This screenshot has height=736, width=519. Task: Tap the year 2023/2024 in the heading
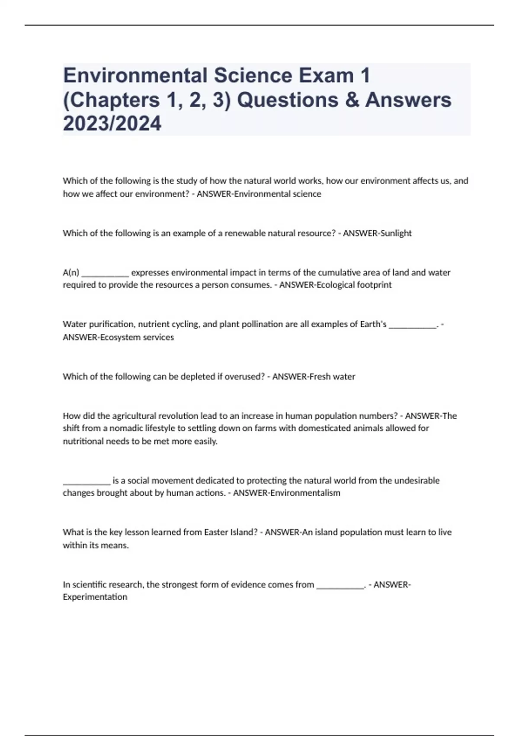pos(112,124)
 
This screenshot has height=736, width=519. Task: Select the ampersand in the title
pos(349,100)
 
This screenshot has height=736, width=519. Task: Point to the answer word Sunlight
pos(395,233)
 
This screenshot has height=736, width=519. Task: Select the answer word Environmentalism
pos(305,493)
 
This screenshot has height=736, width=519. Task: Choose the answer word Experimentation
pos(95,597)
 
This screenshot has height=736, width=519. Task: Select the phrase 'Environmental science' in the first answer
pos(278,194)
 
